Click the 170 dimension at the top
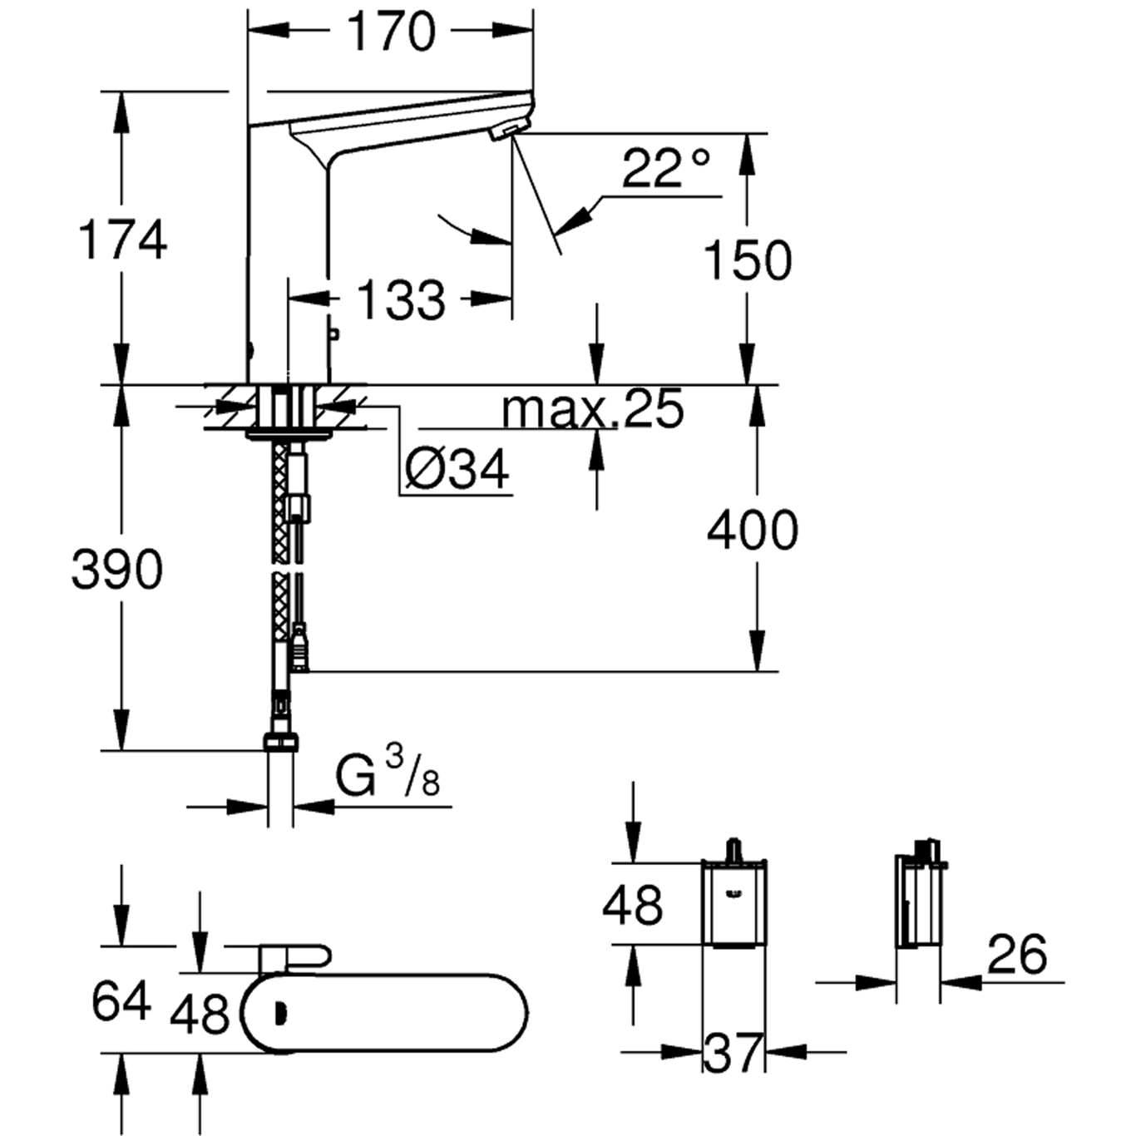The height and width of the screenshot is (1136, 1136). (x=392, y=32)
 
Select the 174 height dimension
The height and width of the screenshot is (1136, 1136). (x=122, y=240)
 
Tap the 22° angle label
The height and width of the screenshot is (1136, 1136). (x=665, y=168)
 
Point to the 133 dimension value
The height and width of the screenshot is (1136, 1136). (x=401, y=301)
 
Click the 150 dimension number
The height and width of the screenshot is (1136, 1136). (x=748, y=260)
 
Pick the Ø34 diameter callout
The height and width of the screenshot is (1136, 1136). (x=457, y=470)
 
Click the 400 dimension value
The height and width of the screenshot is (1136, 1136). (x=753, y=531)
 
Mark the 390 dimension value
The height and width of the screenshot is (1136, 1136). (x=116, y=570)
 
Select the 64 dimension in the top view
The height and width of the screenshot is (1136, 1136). (x=121, y=1002)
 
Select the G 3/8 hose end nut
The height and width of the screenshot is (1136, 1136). (x=280, y=742)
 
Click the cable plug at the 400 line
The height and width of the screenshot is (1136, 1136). (x=300, y=651)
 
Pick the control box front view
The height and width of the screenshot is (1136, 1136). (x=734, y=904)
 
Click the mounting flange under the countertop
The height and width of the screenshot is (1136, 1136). (x=289, y=436)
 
